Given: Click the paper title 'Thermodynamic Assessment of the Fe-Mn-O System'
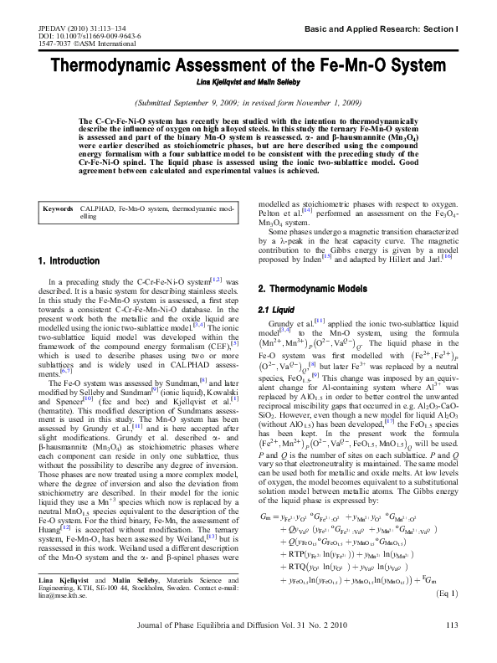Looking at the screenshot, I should point(248,66).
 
